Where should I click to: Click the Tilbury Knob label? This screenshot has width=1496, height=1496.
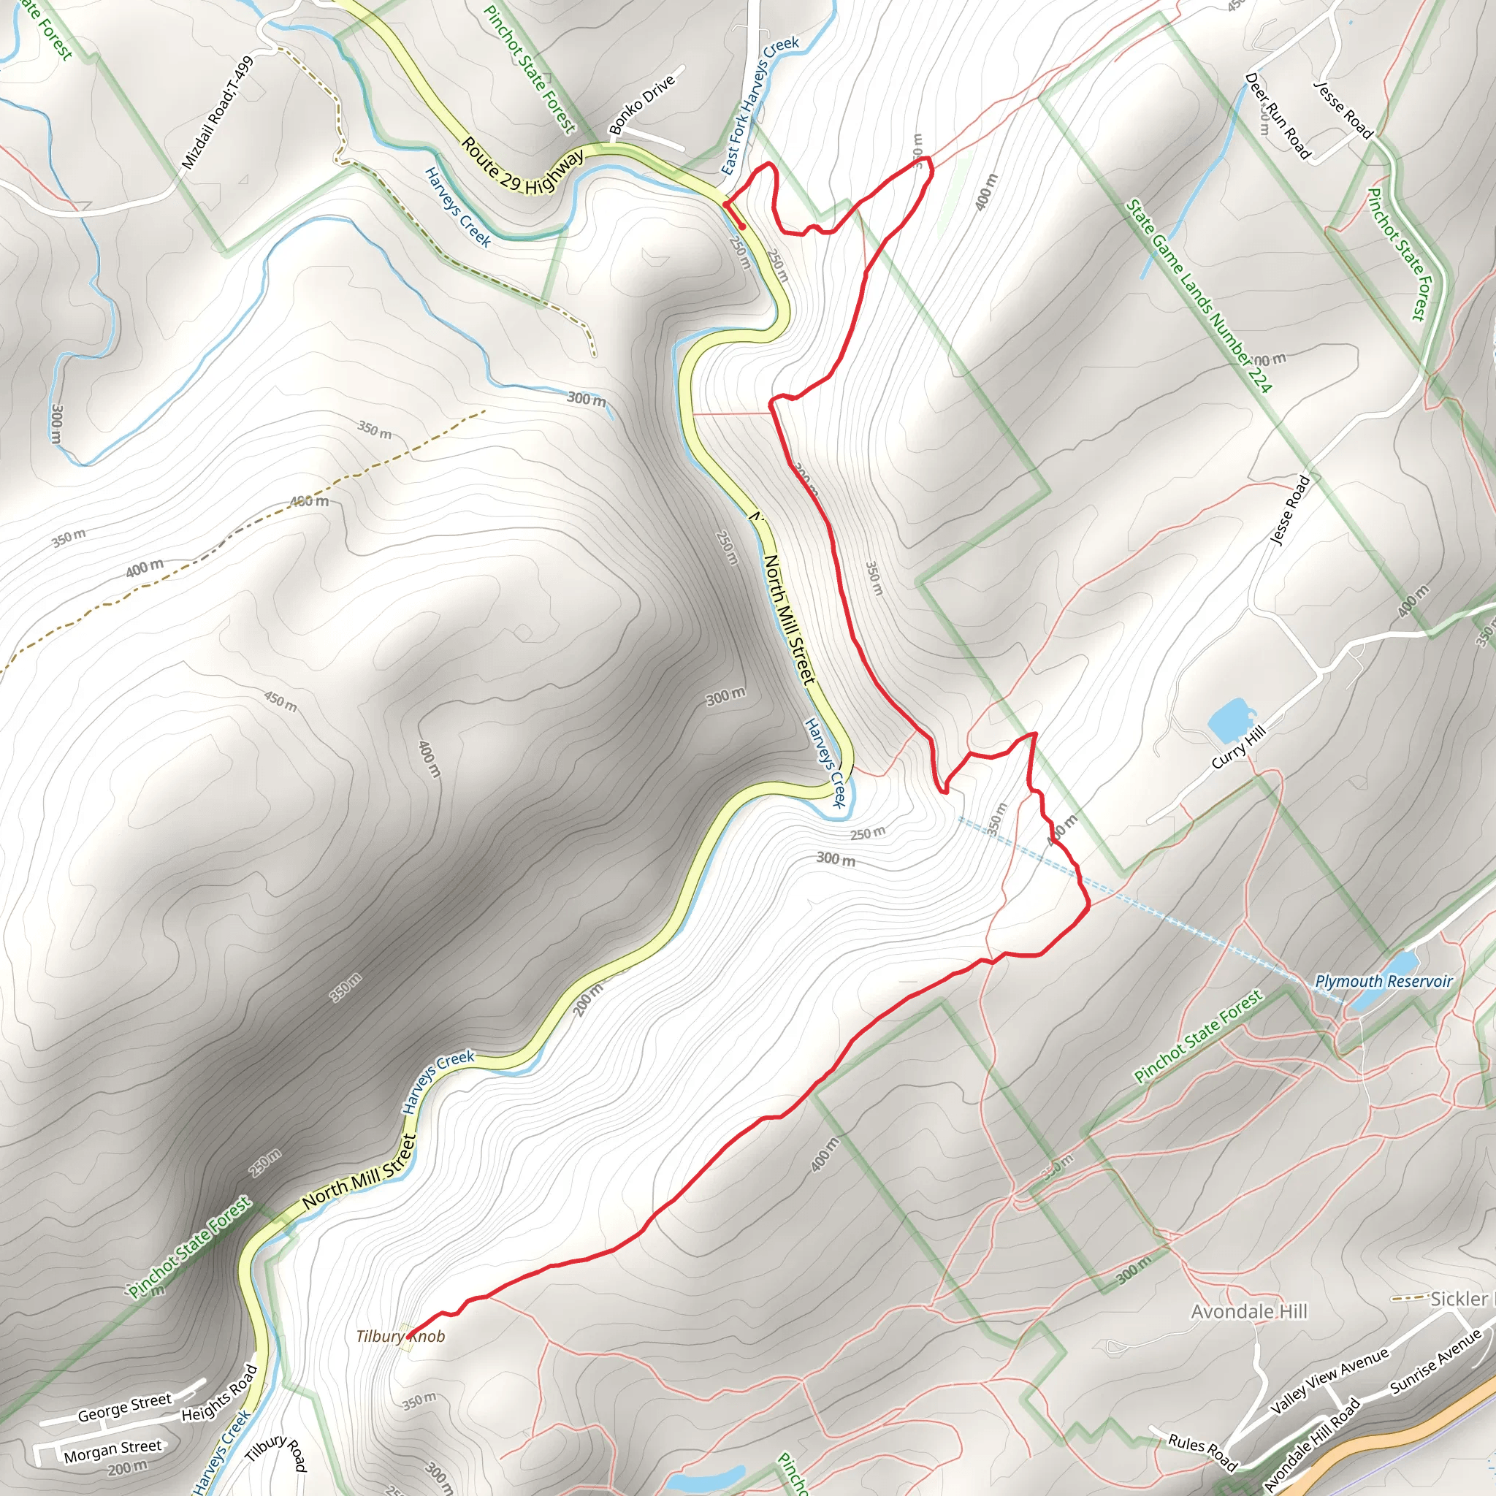point(400,1337)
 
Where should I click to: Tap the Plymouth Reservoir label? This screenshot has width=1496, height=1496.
point(1384,982)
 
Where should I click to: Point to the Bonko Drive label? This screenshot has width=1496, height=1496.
point(641,104)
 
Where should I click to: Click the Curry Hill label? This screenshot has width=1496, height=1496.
point(1238,747)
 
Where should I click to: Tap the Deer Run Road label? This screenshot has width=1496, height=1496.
point(1278,116)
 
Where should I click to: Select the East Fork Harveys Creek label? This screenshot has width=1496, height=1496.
point(759,105)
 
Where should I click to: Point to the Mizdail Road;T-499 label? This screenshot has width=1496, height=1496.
point(218,113)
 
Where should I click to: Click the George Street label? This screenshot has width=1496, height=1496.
point(124,1408)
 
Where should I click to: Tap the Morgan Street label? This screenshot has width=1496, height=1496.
point(113,1451)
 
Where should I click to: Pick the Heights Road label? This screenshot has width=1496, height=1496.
point(219,1394)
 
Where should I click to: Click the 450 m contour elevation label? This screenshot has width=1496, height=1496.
point(280,701)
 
